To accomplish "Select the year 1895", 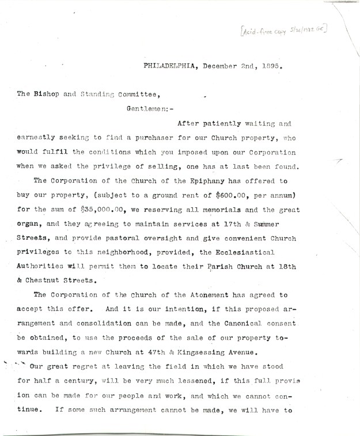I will [269, 66].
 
